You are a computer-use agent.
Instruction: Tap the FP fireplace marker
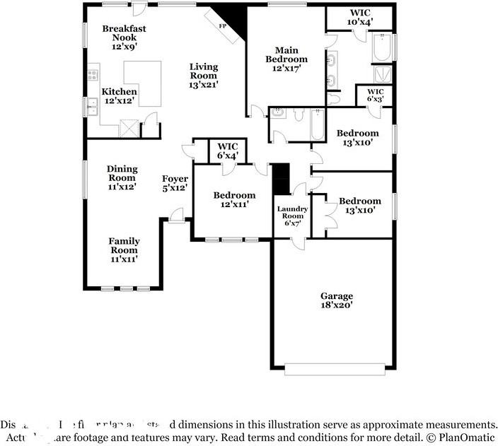coord(221,26)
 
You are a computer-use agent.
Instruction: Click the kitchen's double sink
coord(91,107)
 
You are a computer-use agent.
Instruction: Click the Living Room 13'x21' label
coord(203,76)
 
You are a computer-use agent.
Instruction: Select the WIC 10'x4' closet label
coord(360,17)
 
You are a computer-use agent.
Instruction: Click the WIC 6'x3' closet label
coord(375,95)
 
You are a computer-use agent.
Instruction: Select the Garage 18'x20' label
coord(336,300)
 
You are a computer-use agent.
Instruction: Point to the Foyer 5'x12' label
coord(175,183)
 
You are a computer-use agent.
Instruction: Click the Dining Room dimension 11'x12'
coord(122,187)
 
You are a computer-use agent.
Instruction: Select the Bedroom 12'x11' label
coord(234,200)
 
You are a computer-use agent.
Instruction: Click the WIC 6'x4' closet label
coord(228,151)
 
